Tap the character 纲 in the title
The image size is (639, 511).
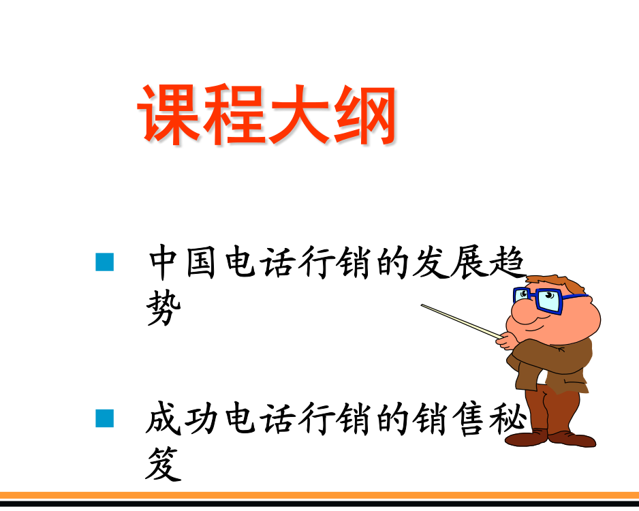point(364,115)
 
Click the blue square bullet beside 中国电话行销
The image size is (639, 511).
point(105,262)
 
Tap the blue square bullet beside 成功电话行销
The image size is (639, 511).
point(105,418)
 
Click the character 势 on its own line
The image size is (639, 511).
point(163,308)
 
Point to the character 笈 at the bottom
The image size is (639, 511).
point(163,464)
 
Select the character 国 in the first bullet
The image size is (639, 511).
point(201,263)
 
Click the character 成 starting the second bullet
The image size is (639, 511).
point(163,418)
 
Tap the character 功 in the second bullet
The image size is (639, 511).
point(201,418)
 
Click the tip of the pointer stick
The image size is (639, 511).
point(422,305)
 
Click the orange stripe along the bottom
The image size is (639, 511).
point(319,495)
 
